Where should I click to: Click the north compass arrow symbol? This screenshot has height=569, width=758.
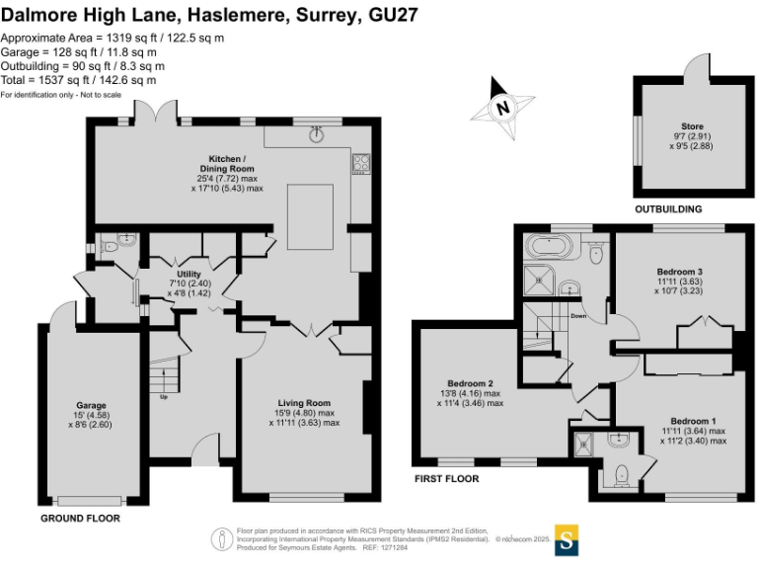502,107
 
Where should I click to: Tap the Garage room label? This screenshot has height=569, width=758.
91,405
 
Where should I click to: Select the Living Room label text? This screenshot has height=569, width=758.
303,403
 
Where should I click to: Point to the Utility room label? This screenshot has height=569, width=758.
189,274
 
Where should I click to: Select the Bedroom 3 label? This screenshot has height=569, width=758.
679,271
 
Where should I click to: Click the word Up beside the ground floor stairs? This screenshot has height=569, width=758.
163,398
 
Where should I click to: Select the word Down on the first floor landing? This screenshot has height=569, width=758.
579,317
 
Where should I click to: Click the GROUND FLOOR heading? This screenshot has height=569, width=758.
81,518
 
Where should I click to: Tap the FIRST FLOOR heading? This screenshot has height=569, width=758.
447,479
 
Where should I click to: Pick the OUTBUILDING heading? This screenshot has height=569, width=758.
668,209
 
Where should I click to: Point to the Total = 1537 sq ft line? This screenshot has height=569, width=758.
78,80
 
